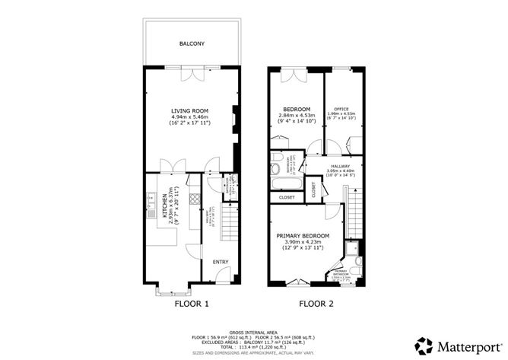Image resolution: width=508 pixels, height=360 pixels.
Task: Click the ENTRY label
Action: [221, 262]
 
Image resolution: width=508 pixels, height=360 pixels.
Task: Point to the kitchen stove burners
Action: [194, 200]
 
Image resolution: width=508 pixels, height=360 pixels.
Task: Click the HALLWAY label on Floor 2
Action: [340, 164]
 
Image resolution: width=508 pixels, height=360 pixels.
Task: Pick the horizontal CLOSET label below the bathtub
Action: [287, 197]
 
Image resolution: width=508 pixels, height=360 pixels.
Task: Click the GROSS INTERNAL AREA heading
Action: [253, 333]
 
